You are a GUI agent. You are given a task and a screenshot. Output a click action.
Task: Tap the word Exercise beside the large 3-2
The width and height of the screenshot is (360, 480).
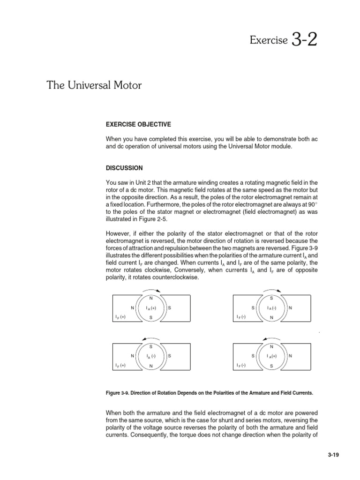(x=268, y=41)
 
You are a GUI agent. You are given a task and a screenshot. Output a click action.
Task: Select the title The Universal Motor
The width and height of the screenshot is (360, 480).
(x=94, y=86)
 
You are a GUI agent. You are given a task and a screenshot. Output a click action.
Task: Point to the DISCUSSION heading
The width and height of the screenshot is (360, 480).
(x=124, y=168)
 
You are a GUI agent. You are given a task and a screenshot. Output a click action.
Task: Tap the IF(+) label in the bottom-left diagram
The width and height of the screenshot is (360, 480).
(x=120, y=365)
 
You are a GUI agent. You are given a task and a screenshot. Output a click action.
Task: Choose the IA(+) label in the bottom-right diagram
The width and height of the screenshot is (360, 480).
(x=272, y=356)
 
